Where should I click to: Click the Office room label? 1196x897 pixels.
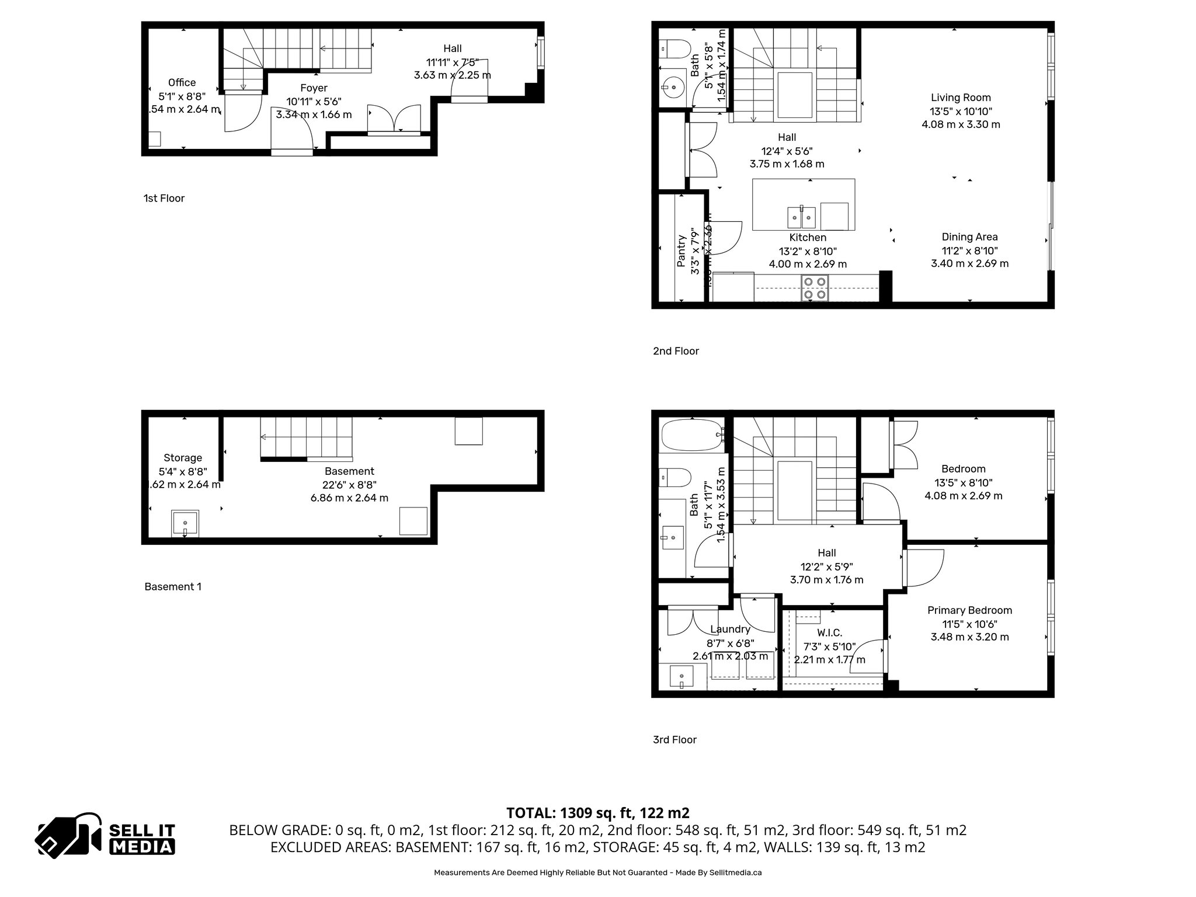click(x=182, y=82)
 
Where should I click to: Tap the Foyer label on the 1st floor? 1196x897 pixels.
click(x=314, y=88)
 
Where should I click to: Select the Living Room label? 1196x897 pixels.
click(x=961, y=98)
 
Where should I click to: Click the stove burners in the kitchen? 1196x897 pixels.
click(x=815, y=288)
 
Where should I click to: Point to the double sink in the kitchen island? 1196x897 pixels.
click(x=802, y=217)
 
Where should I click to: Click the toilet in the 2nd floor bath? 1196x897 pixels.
click(x=675, y=48)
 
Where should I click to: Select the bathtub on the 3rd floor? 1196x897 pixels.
click(x=693, y=435)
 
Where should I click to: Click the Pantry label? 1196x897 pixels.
click(x=681, y=251)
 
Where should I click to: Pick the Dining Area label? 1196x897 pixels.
click(x=969, y=237)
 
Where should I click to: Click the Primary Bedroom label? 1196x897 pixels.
click(x=969, y=610)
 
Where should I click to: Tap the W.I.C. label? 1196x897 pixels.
click(x=829, y=632)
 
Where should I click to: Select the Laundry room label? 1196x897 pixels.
click(x=730, y=629)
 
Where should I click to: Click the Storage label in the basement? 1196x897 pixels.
click(x=183, y=458)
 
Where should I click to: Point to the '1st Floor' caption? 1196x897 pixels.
click(x=164, y=198)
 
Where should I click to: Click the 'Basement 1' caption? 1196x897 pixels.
click(x=173, y=586)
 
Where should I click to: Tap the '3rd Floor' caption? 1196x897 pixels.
click(x=675, y=739)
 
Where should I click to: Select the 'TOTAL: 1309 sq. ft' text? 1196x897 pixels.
click(x=597, y=812)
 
